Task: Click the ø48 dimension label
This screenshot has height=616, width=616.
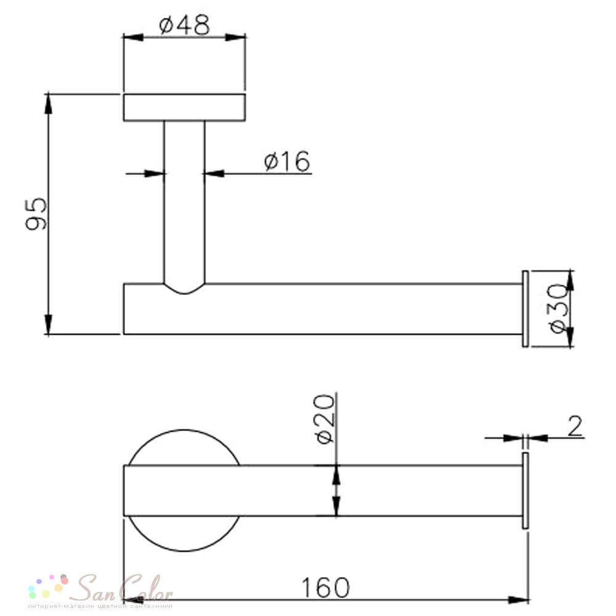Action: [184, 25]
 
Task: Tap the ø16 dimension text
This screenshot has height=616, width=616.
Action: [287, 161]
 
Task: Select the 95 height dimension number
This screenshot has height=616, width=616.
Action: [36, 214]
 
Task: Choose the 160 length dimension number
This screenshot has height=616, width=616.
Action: [325, 587]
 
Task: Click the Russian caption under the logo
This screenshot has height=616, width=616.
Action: [100, 606]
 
